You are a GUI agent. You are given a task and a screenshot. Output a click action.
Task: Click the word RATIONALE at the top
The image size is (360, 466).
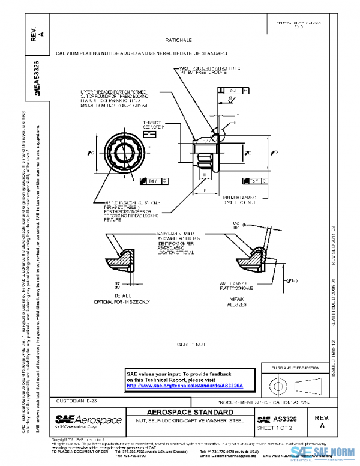click(x=178, y=40)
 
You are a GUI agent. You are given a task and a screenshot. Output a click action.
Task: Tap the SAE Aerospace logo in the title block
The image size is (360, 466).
click(x=88, y=420)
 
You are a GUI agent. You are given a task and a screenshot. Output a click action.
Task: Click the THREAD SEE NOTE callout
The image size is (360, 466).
click(x=152, y=124)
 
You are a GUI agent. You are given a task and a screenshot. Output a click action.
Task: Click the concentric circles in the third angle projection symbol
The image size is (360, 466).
click(x=277, y=383)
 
